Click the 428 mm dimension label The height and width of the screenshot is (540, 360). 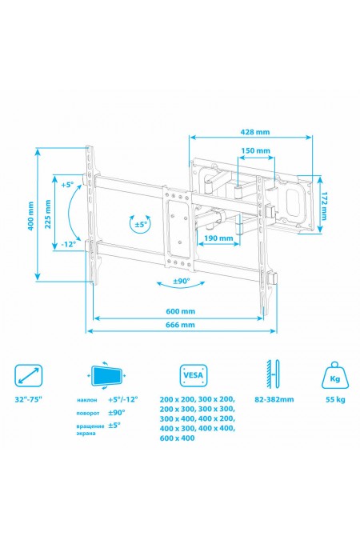point(255,132)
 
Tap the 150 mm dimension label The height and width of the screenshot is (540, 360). point(255,150)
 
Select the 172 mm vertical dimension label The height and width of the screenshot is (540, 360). point(323,206)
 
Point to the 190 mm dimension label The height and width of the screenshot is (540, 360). point(218,238)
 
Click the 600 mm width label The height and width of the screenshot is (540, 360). point(181,311)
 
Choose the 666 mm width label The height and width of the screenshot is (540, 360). point(181,325)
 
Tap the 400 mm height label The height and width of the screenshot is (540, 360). point(31,216)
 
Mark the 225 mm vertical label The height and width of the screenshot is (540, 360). point(48,214)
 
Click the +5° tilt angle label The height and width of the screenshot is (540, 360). point(67,185)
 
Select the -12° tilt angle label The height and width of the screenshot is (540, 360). point(68,244)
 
